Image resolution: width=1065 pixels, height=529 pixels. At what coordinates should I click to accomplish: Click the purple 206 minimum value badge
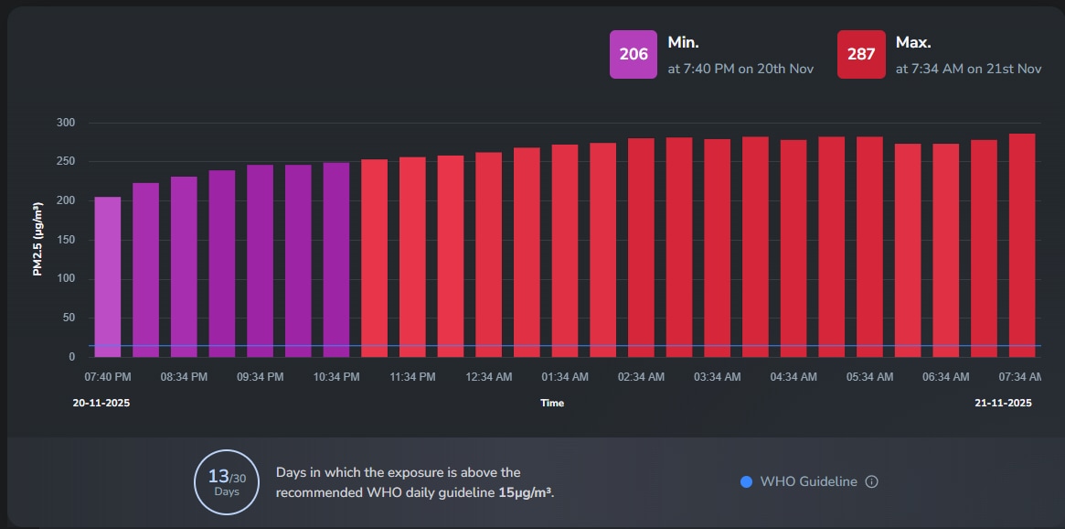(x=633, y=54)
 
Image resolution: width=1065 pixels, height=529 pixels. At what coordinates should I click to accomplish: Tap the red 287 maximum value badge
(x=861, y=54)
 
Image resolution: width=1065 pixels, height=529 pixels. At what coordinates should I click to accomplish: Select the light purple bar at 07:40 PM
(x=108, y=276)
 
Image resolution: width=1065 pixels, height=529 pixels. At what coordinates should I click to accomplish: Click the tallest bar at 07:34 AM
(x=1022, y=245)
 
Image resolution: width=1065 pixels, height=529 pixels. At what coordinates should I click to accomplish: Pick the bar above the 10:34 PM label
(x=336, y=260)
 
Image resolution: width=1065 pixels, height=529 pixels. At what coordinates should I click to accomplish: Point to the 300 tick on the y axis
(x=66, y=123)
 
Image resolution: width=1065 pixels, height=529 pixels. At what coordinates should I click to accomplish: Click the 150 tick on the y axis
(x=66, y=240)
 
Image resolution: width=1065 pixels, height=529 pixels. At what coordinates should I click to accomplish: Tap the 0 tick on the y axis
(x=72, y=357)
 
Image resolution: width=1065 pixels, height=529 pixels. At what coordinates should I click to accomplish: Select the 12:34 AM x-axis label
(x=489, y=377)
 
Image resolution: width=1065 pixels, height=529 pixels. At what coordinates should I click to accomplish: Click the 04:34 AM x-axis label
(x=793, y=377)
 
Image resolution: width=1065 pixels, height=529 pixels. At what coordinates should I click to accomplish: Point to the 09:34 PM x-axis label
(x=261, y=377)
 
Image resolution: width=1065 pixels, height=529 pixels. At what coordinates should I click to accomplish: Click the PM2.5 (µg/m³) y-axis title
(x=38, y=240)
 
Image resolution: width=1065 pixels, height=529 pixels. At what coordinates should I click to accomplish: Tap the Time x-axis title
(x=552, y=403)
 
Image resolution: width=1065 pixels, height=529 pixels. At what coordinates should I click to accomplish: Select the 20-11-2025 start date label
(x=101, y=403)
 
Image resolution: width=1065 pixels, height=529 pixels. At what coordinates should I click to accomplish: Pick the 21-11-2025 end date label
(x=1002, y=403)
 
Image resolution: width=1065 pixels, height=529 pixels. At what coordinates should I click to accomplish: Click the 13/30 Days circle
(x=226, y=481)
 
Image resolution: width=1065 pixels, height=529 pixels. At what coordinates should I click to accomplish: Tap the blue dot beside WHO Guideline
(x=746, y=481)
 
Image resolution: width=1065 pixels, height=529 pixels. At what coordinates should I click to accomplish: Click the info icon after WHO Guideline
(x=871, y=481)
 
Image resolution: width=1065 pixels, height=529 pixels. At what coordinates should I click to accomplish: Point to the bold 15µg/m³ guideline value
(x=526, y=491)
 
